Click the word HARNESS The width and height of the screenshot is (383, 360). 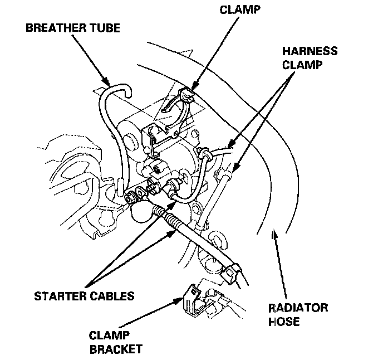[x=310, y=51]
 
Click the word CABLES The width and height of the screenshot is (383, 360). [x=113, y=296]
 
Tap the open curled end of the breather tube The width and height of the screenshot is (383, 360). [x=127, y=89]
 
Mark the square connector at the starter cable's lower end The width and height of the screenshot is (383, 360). [x=233, y=273]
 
